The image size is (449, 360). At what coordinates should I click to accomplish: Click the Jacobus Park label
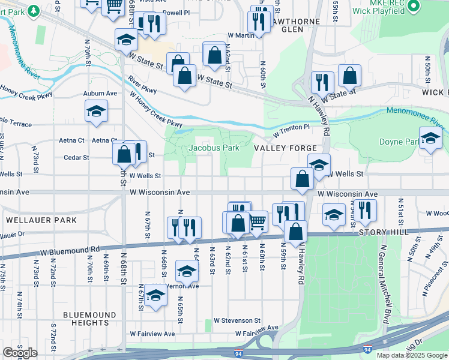[x=214, y=148]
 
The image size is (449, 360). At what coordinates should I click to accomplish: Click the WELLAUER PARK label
[x=41, y=220]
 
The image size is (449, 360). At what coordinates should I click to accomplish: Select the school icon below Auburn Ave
[x=96, y=111]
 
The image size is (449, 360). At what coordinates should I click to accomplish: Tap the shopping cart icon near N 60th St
[x=258, y=221]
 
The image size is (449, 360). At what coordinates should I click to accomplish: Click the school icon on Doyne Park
[x=430, y=139]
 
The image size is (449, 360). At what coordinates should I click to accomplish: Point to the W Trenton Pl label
[x=291, y=128]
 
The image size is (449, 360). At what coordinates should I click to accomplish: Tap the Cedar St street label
[x=77, y=158]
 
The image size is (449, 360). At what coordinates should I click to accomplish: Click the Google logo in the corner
[x=20, y=352]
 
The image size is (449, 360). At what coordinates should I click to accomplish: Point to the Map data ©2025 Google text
[x=411, y=355]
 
